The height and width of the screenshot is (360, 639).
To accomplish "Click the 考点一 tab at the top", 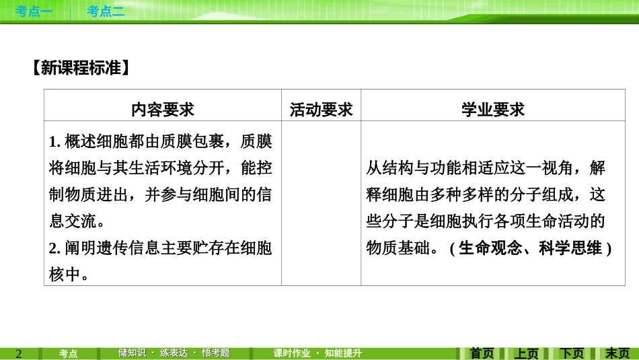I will coord(34,11).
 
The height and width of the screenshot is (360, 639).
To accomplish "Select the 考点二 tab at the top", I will coord(106,11).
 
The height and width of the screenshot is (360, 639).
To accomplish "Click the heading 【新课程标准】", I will coord(80,68).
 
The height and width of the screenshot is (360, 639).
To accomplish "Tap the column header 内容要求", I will coord(162,109).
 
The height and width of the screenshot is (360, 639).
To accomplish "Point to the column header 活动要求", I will coord(321,109).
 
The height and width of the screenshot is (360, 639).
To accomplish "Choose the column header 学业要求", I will coord(492,109).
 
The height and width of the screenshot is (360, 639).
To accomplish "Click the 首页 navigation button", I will coord(482,353).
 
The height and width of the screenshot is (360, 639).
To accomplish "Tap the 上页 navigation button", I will coord(527,353).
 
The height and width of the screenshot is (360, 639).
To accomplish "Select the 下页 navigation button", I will coord(572,353).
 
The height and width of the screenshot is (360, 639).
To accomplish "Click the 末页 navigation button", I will coord(617,353).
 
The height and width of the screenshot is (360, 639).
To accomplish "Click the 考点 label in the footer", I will coord(68,353).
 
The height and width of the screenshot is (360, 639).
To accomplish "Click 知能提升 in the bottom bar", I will coord(343,353).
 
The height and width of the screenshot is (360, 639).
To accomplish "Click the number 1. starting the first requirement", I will coord(55,142).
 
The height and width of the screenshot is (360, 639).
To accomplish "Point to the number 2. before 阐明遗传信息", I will coord(55,249).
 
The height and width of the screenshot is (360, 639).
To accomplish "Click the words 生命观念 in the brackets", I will coord(489,248).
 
